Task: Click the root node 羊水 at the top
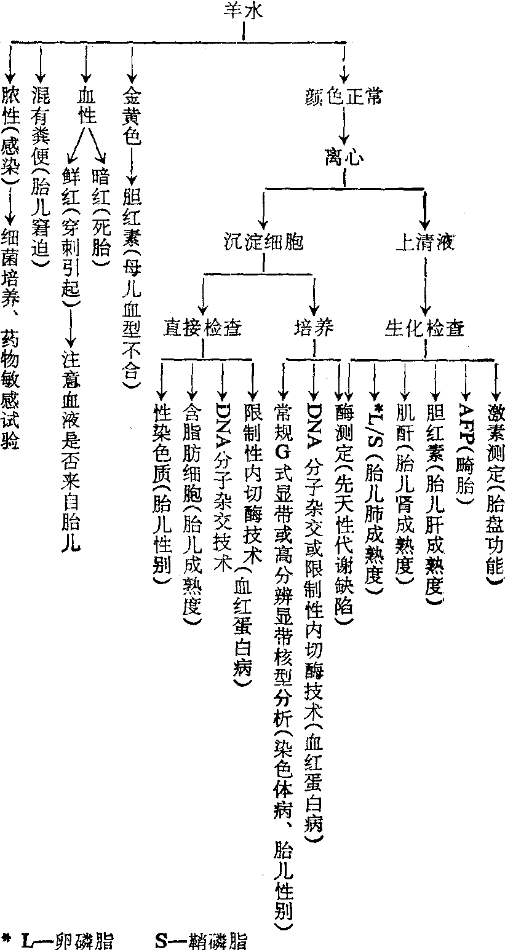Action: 245,10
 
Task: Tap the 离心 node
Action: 344,159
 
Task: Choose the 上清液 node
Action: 424,242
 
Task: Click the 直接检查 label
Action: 202,327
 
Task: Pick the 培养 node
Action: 313,327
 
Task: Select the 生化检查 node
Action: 424,327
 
